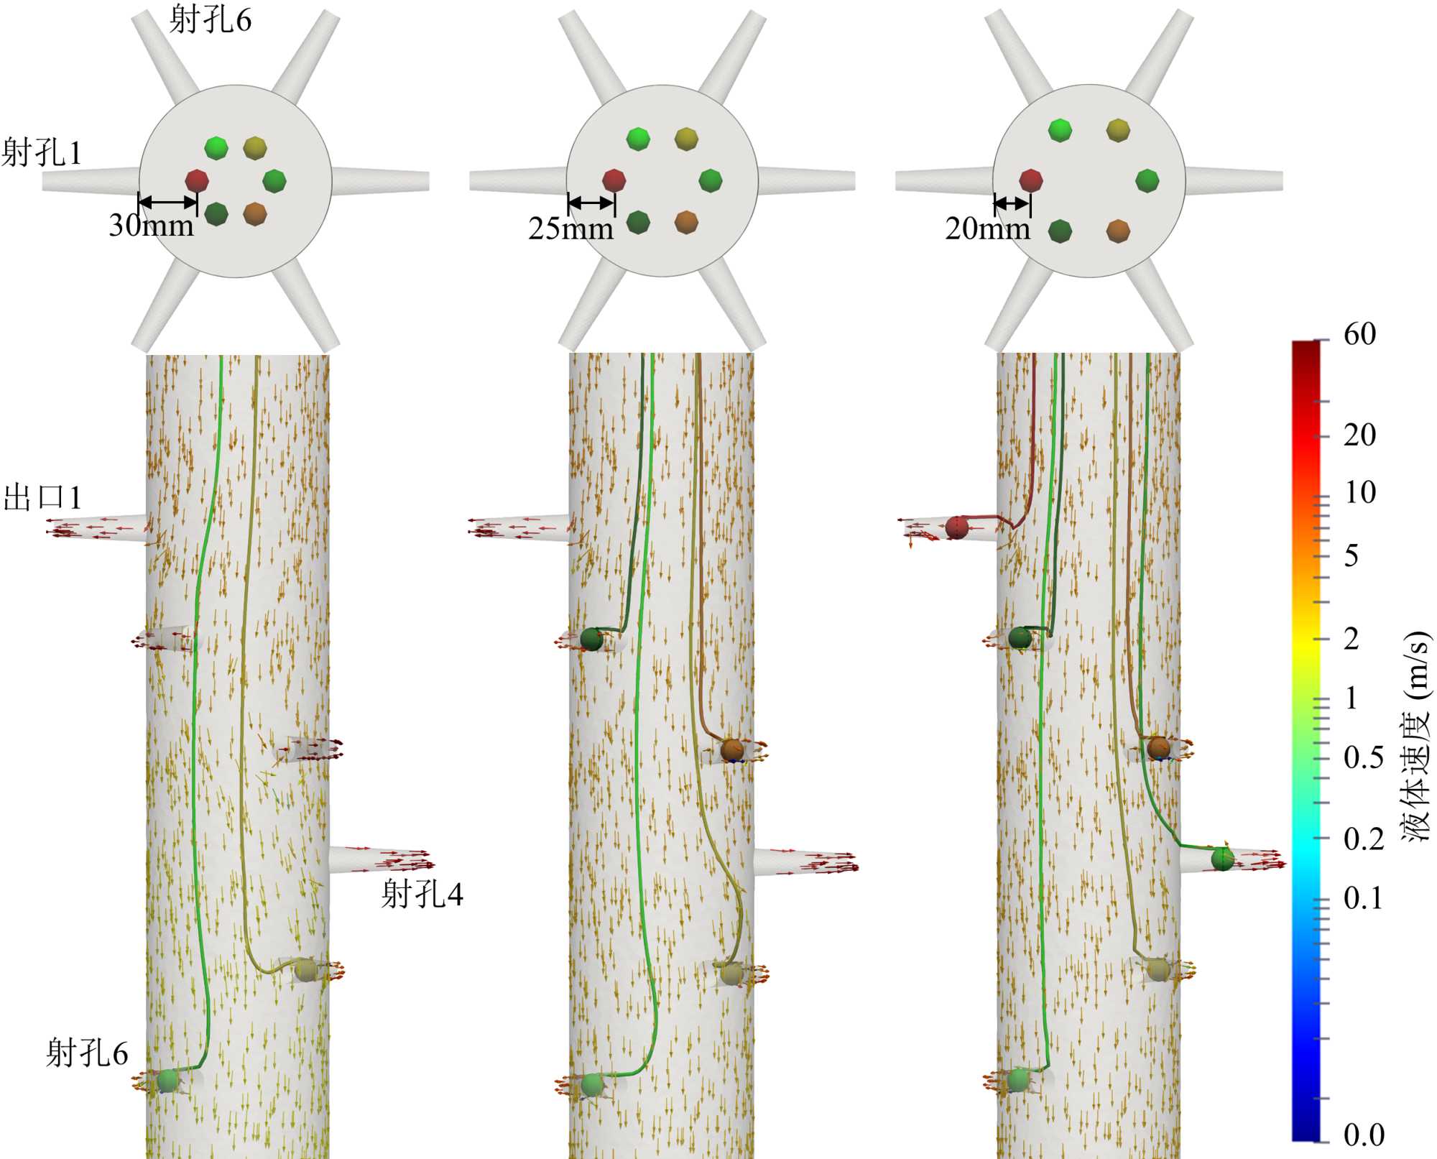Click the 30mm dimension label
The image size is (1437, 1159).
pyautogui.click(x=151, y=226)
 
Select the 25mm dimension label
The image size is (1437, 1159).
pyautogui.click(x=570, y=229)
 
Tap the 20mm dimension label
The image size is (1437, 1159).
pyautogui.click(x=987, y=229)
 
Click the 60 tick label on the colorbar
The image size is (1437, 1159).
pyautogui.click(x=1359, y=334)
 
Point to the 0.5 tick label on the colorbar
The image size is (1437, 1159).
pyautogui.click(x=1363, y=758)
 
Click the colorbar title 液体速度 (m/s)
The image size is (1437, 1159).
pyautogui.click(x=1415, y=737)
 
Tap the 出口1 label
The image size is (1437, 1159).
pyautogui.click(x=43, y=498)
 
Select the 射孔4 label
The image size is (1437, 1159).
pyautogui.click(x=422, y=895)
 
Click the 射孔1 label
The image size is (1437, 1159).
pyautogui.click(x=42, y=153)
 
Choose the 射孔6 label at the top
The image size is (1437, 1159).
pyautogui.click(x=210, y=20)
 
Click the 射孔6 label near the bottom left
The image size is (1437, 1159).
pyautogui.click(x=87, y=1053)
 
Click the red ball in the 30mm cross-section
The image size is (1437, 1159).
pyautogui.click(x=196, y=180)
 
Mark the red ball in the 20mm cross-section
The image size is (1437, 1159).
pyautogui.click(x=1030, y=180)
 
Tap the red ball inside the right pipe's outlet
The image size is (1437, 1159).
pyautogui.click(x=956, y=527)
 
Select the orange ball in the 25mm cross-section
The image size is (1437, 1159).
pyautogui.click(x=686, y=222)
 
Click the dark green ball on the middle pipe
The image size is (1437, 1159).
pyautogui.click(x=591, y=639)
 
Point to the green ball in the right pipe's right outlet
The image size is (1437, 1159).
pyautogui.click(x=1222, y=858)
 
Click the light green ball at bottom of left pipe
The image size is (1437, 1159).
pyautogui.click(x=167, y=1079)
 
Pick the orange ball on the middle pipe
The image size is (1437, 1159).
pyautogui.click(x=731, y=749)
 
